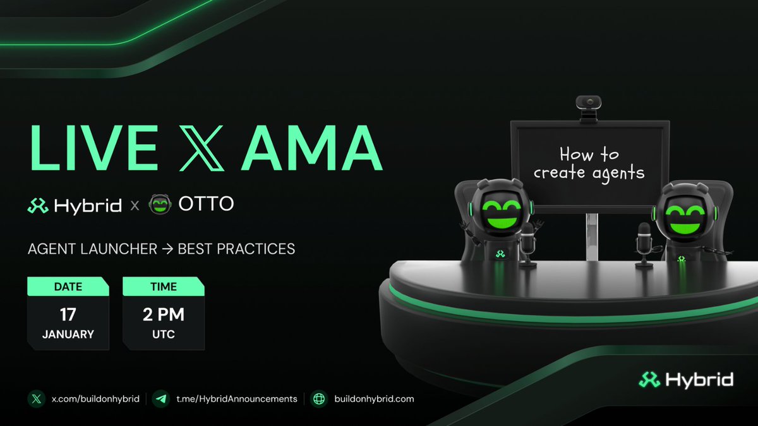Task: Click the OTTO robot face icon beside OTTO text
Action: [159, 204]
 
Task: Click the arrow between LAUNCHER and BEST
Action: [167, 249]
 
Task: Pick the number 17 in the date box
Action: [68, 314]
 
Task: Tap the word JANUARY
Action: [68, 334]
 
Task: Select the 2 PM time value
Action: [164, 314]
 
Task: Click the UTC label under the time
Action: [164, 334]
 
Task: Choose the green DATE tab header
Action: [68, 287]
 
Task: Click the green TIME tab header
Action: [164, 287]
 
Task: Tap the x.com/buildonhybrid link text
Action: [95, 399]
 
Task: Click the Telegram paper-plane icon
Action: [162, 399]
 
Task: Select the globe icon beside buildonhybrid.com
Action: [320, 399]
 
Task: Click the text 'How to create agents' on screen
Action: [589, 163]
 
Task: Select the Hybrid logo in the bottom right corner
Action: [685, 379]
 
